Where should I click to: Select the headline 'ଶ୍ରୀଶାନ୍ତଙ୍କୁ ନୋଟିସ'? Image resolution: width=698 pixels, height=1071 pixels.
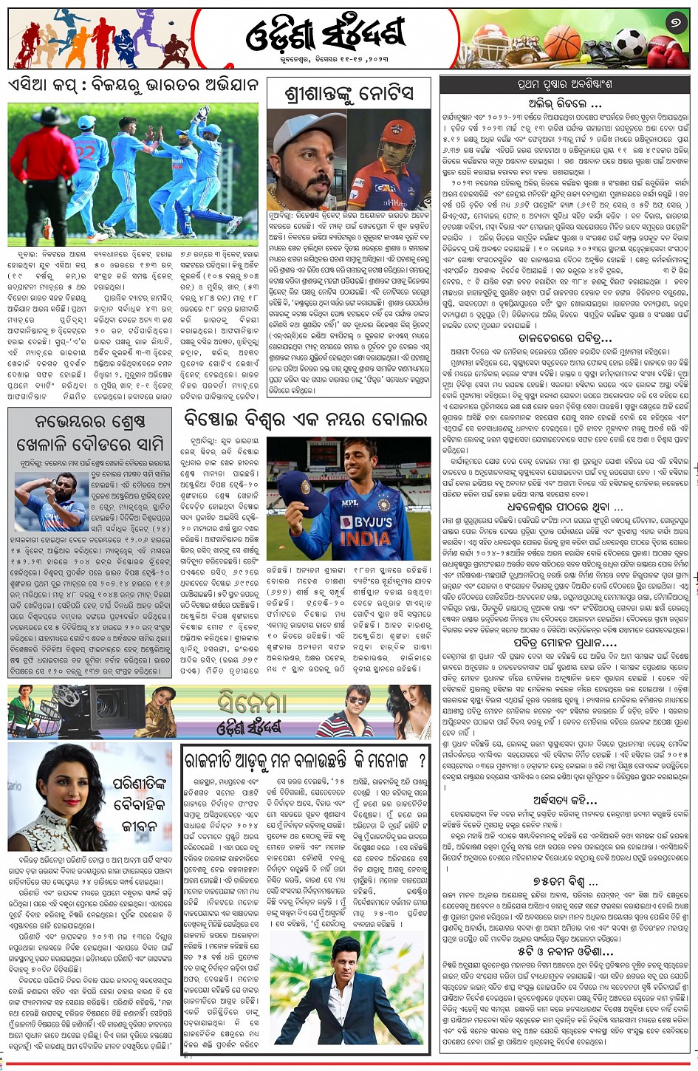349,94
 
